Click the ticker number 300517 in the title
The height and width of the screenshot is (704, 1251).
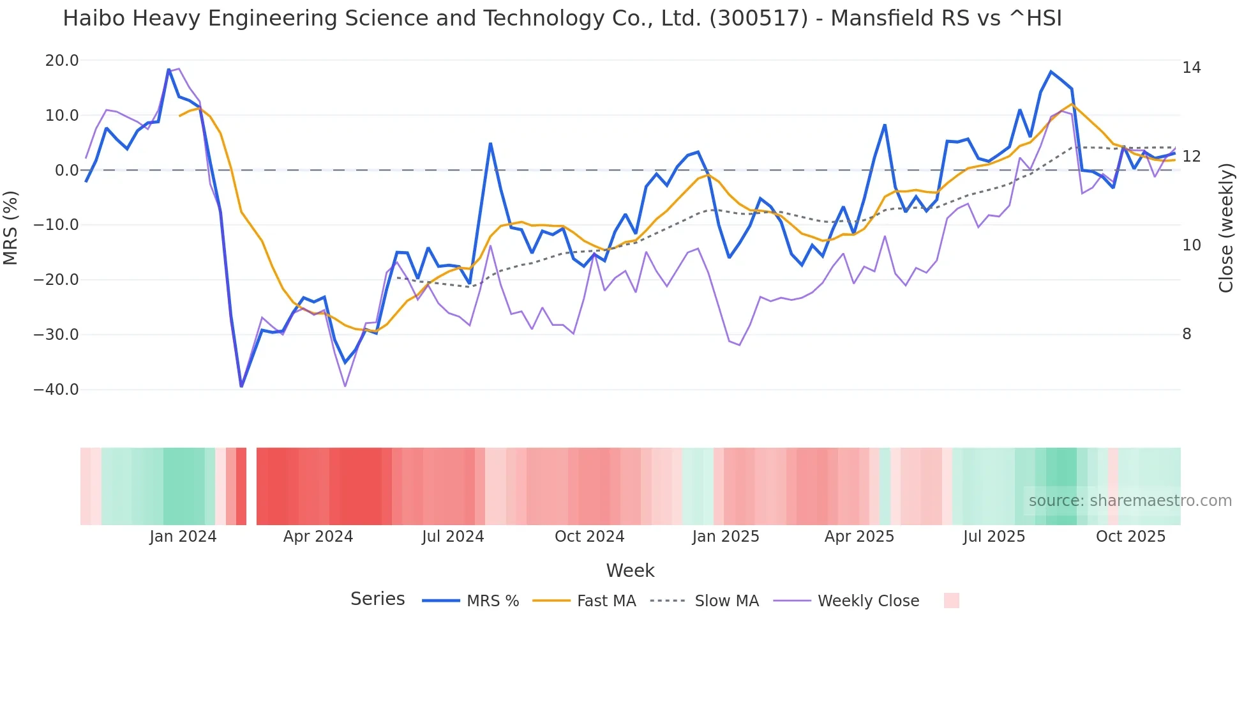click(x=759, y=19)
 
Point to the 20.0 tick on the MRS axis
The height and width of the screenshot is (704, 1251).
click(x=62, y=61)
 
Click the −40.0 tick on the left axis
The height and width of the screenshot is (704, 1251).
click(x=56, y=390)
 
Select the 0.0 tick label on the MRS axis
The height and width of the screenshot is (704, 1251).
click(x=66, y=171)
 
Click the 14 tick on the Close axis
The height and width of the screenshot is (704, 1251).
click(x=1191, y=68)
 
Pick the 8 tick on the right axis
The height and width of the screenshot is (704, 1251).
click(x=1187, y=334)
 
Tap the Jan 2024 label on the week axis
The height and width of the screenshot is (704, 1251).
click(x=183, y=537)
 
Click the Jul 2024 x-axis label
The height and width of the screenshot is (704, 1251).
click(x=453, y=537)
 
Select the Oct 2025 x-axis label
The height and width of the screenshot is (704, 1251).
click(x=1130, y=537)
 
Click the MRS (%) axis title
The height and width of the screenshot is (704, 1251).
click(x=11, y=227)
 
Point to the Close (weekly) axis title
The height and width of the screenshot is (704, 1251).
click(x=1226, y=227)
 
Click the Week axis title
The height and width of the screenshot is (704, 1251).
click(x=630, y=570)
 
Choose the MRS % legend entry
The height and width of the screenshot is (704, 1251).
click(x=492, y=601)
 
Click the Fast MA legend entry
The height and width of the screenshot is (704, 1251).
click(x=606, y=601)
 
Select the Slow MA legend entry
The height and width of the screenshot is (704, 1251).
click(x=726, y=601)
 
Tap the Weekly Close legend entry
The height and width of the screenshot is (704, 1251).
click(x=868, y=601)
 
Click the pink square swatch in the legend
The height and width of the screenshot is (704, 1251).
click(x=951, y=601)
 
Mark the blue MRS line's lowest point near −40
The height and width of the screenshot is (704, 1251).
click(x=241, y=386)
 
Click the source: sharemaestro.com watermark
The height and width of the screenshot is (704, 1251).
click(x=1130, y=501)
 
